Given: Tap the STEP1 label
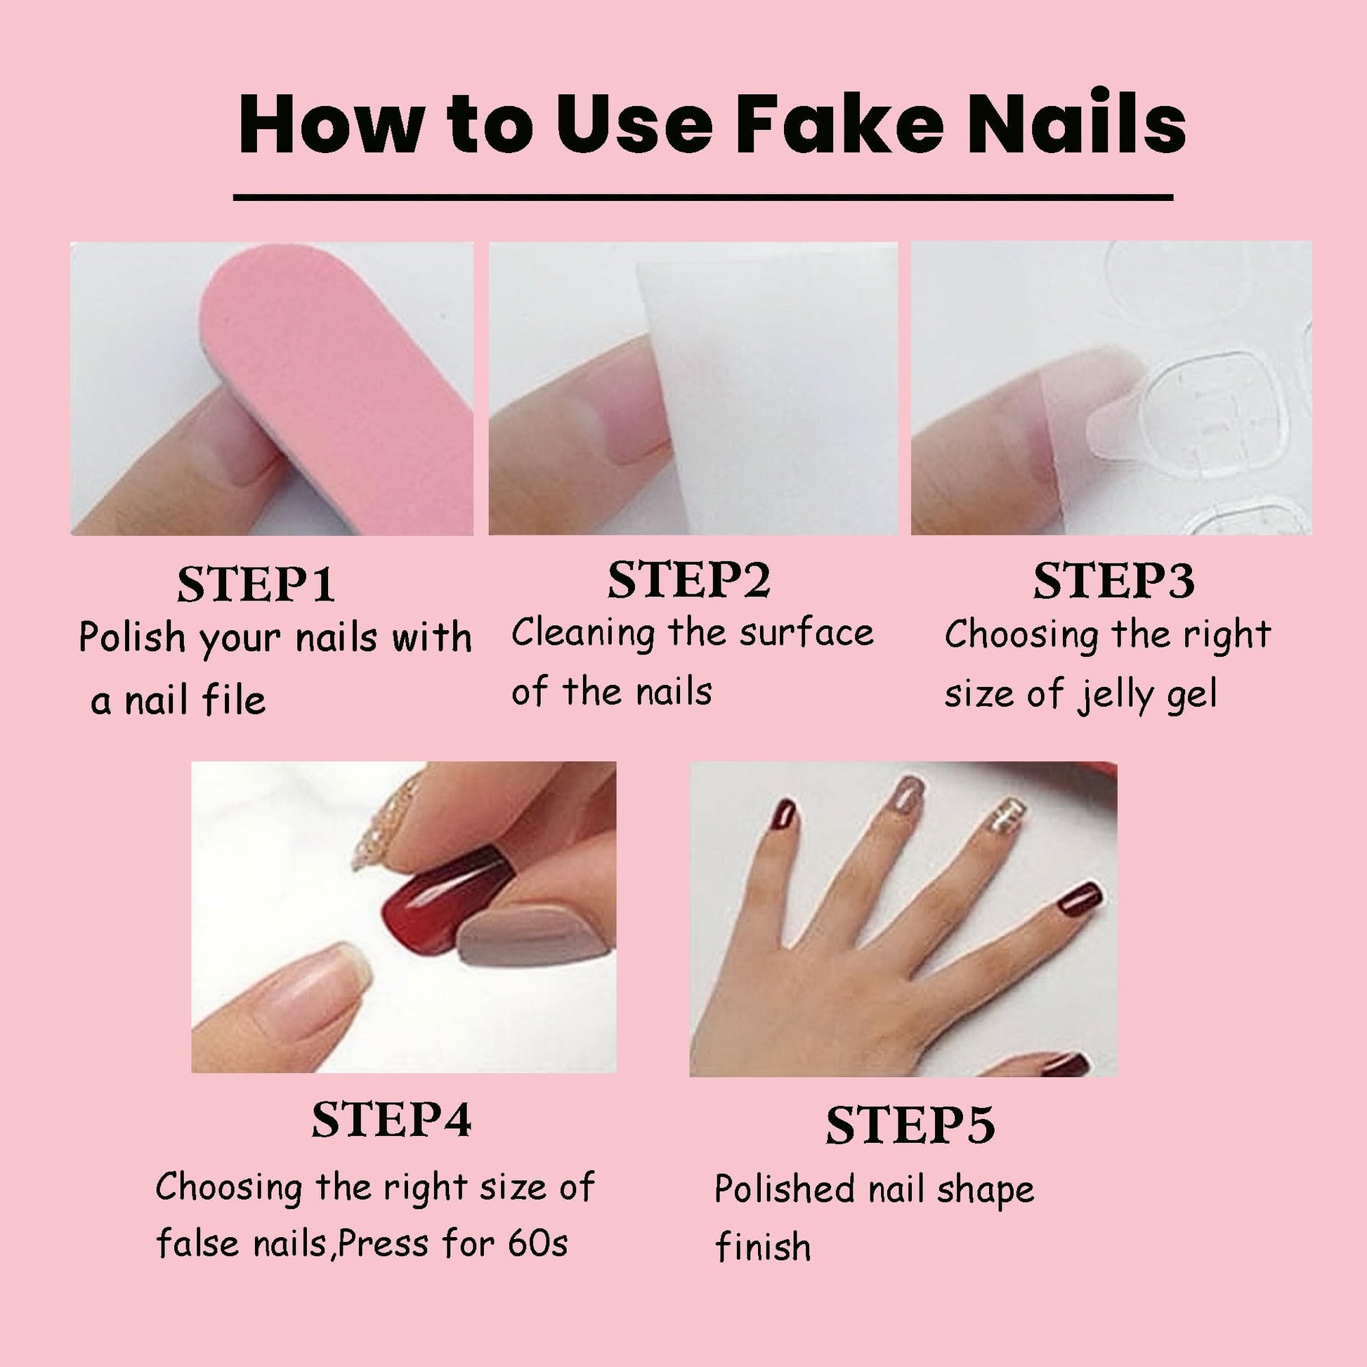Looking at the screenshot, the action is point(256,584).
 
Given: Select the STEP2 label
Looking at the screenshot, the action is point(688,580).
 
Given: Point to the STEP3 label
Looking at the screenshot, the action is point(1113,582).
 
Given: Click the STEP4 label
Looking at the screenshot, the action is point(391,1120).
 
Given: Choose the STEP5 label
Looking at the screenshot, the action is point(910,1126).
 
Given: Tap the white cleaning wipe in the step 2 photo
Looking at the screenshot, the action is point(764,396).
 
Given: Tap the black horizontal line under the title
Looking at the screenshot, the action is point(702,197).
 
